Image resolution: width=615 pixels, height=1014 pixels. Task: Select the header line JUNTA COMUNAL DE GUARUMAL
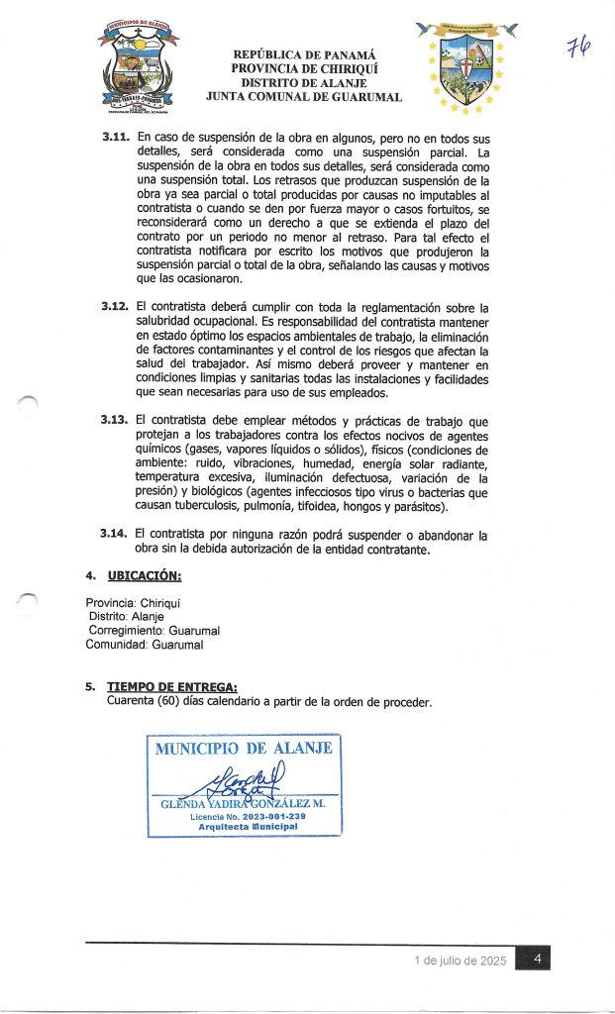pos(303,98)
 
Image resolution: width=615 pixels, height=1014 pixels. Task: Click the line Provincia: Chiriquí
pos(138,602)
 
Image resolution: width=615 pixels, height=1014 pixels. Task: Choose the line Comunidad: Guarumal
pos(144,645)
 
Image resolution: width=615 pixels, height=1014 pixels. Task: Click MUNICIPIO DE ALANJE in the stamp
pos(244,749)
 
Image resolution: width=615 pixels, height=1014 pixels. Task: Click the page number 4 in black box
pos(535,960)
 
